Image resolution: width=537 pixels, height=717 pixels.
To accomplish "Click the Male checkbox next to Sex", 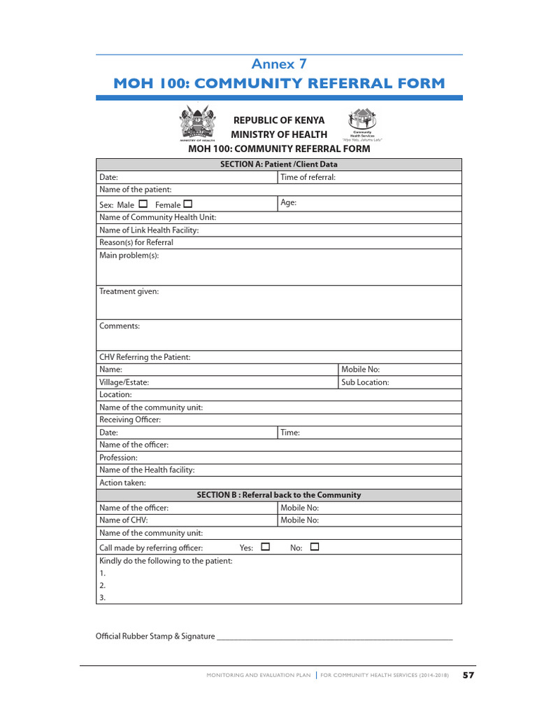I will click(x=143, y=204).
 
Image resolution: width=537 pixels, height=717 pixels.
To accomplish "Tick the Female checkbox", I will click(x=187, y=204).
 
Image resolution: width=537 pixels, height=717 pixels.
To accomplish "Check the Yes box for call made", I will click(x=265, y=547).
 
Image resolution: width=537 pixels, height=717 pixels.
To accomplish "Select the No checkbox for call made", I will click(x=314, y=547).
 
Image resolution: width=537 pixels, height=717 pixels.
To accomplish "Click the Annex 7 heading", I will click(x=279, y=64).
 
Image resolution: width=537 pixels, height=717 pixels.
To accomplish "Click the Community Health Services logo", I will click(x=362, y=123).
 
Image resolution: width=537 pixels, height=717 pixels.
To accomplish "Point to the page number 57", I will click(x=468, y=675).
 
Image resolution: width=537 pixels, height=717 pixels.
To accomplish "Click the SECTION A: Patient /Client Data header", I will click(x=279, y=165).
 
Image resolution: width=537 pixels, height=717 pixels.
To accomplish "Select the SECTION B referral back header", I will click(x=279, y=495).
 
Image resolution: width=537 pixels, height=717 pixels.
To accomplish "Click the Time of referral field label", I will click(x=308, y=177).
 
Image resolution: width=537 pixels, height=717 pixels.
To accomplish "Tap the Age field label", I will click(x=288, y=202).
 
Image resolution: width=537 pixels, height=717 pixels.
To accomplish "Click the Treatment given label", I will click(x=129, y=291).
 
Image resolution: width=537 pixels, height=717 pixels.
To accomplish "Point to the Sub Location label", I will click(x=365, y=382).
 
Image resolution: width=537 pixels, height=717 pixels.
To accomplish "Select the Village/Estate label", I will click(x=124, y=382).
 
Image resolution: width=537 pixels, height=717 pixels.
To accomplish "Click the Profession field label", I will click(x=118, y=458).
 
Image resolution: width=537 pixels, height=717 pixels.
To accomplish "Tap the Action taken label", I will click(x=122, y=483).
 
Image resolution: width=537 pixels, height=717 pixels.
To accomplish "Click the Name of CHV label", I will click(x=124, y=520).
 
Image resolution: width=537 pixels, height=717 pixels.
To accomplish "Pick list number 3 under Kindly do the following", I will click(x=102, y=598).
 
